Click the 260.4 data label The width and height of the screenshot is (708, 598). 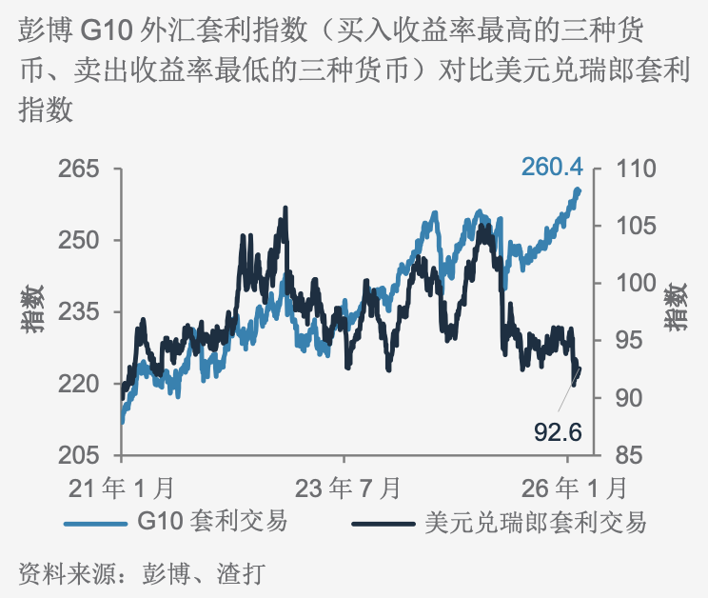coord(551,167)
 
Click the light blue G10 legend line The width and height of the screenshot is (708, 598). coord(95,523)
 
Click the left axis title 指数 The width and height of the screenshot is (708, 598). coord(35,309)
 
